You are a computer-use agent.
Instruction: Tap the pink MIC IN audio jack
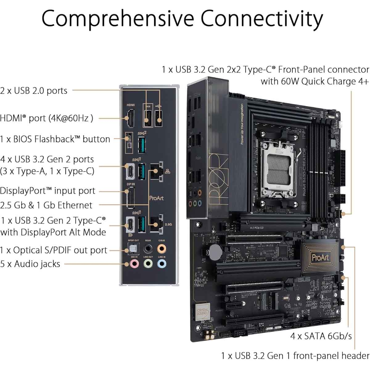tap(134, 264)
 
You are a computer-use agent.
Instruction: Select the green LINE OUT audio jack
tap(148, 264)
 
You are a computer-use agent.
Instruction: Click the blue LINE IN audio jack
tap(162, 264)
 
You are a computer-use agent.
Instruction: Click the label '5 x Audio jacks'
tap(30, 264)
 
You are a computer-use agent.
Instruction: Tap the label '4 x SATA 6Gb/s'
tap(321, 336)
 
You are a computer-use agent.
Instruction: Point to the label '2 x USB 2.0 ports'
tap(34, 91)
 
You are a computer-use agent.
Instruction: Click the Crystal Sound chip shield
tap(203, 311)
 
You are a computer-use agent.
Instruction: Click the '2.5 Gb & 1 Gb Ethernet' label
tap(46, 205)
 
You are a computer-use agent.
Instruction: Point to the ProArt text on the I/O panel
tap(156, 198)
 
